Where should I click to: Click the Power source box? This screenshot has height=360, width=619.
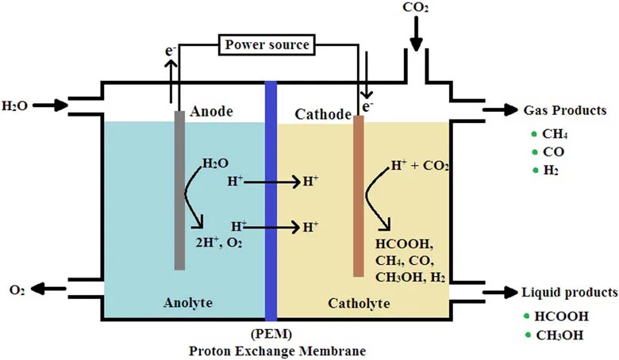coord(266,44)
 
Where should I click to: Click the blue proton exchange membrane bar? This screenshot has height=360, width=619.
coord(270,198)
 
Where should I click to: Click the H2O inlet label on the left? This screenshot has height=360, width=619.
coord(16,105)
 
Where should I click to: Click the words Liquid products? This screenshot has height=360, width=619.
coord(569,292)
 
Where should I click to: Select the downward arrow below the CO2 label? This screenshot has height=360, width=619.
coord(416,35)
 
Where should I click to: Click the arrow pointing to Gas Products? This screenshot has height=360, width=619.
coord(496,111)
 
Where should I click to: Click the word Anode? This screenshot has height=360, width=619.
coord(211,112)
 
